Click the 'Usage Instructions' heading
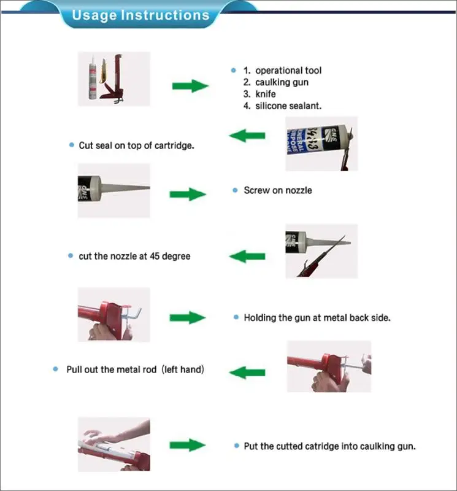click(140, 15)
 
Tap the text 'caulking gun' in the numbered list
click(282, 82)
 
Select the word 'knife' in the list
click(266, 94)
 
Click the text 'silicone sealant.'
click(288, 106)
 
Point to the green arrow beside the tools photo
click(190, 86)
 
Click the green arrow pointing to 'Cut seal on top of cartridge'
click(247, 136)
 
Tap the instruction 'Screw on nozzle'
click(278, 190)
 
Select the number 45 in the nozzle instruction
click(155, 256)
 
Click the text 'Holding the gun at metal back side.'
click(317, 318)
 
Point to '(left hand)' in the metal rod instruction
click(183, 369)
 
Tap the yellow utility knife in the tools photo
click(103, 71)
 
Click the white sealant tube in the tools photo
click(93, 78)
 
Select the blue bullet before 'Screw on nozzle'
click(235, 190)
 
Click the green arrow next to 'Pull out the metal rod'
click(247, 373)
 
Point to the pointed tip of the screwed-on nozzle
click(149, 188)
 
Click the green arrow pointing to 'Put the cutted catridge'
click(188, 445)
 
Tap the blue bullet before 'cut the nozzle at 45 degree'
click(71, 256)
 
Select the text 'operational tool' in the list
click(288, 71)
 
